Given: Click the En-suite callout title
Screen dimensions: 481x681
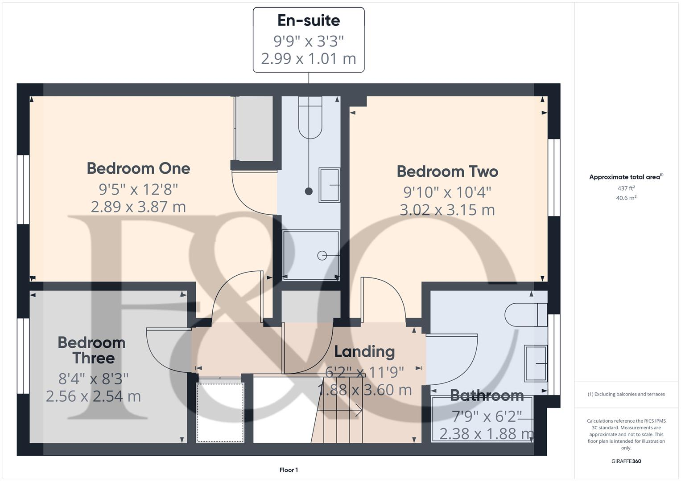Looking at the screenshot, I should [309, 20].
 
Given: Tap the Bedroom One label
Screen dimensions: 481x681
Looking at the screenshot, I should [138, 168].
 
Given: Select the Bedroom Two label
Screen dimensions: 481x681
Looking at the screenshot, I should [447, 171].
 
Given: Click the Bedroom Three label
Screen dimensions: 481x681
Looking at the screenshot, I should [92, 350].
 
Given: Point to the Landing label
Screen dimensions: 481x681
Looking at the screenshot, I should [364, 351].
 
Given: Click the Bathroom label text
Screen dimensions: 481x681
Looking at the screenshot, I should [487, 395].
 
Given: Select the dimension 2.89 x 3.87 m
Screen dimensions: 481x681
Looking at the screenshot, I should [138, 207].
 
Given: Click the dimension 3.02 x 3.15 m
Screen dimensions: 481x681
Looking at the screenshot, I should [447, 210].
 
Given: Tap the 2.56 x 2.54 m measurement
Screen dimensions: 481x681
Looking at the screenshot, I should [93, 396].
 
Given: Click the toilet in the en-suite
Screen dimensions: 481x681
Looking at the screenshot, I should [310, 118].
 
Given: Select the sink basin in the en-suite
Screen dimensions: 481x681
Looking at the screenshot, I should [329, 185].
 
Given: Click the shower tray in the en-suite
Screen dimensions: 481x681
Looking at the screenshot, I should [311, 255].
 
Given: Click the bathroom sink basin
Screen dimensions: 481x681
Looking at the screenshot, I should [536, 364].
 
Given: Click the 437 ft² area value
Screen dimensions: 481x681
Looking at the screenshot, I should [626, 188].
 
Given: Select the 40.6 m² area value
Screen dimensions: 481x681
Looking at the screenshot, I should [626, 198].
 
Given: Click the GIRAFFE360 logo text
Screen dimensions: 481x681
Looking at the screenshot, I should [626, 461].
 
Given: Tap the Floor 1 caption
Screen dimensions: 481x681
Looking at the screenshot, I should [289, 470].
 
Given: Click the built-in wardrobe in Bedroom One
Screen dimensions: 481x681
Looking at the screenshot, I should [254, 129].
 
